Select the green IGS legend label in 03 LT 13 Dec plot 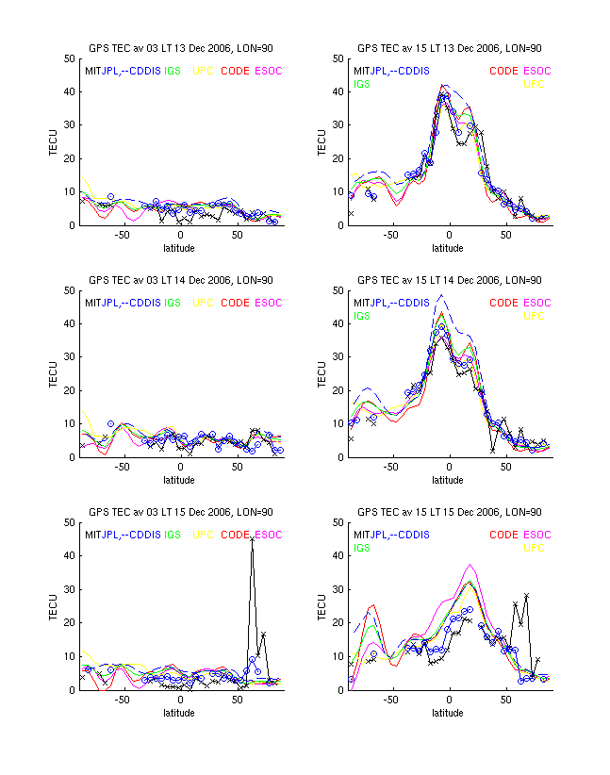pyautogui.click(x=173, y=71)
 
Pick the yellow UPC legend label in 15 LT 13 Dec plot pyautogui.click(x=534, y=85)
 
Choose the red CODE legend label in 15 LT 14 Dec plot pyautogui.click(x=503, y=303)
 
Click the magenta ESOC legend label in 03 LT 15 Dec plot pyautogui.click(x=269, y=535)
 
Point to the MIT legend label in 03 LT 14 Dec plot pyautogui.click(x=94, y=303)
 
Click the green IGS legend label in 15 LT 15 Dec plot pyautogui.click(x=362, y=548)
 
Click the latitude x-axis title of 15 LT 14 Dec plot pyautogui.click(x=448, y=480)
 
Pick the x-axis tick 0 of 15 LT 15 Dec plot pyautogui.click(x=449, y=701)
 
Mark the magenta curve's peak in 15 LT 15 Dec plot pyautogui.click(x=470, y=565)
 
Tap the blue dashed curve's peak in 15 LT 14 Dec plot pyautogui.click(x=441, y=295)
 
